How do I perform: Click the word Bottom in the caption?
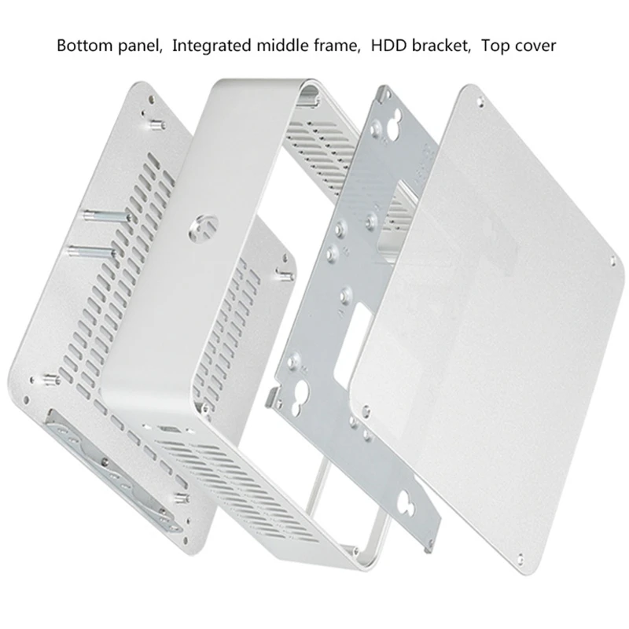[x=85, y=46]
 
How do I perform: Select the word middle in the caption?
[x=282, y=46]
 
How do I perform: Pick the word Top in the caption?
[x=495, y=46]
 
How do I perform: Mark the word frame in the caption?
[x=336, y=46]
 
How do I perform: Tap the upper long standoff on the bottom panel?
[x=107, y=217]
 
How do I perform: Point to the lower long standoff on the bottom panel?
[x=92, y=252]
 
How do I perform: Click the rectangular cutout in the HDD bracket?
[x=353, y=341]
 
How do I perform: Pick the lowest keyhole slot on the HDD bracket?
[x=409, y=501]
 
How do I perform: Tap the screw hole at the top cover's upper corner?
[x=481, y=102]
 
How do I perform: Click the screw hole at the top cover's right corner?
[x=612, y=261]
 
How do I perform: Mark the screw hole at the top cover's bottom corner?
[x=520, y=557]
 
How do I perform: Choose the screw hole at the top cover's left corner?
[x=366, y=410]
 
